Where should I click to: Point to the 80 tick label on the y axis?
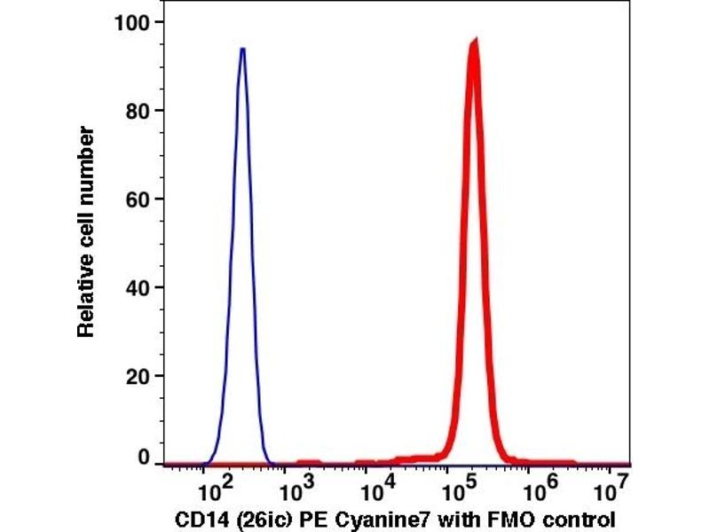138,110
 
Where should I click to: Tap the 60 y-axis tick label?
138,199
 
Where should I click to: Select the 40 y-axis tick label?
138,287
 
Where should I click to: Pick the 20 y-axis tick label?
138,376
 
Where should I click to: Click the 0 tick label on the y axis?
143,458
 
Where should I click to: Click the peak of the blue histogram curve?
241,50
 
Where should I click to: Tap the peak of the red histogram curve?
475,43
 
